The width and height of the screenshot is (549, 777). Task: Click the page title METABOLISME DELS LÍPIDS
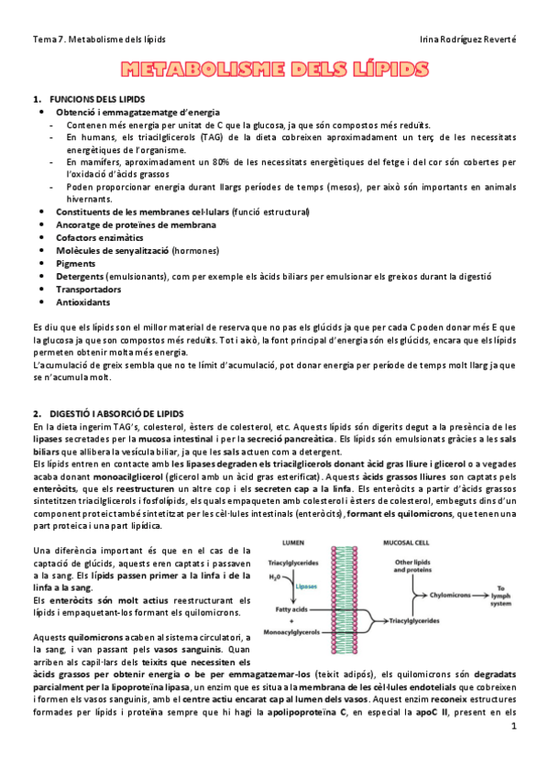pos(275,71)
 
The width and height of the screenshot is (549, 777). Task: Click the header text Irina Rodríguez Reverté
pos(467,39)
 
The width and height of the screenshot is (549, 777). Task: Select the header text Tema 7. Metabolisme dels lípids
pos(99,39)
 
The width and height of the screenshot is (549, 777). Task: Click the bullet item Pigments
pos(75,263)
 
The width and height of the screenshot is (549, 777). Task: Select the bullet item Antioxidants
pos(82,301)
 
